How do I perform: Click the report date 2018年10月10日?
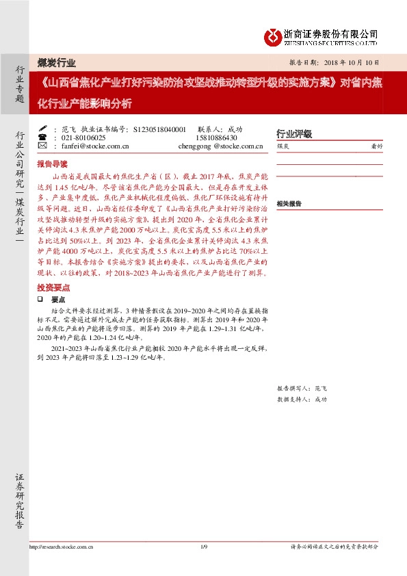coord(346,62)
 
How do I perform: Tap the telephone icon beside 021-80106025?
coord(42,137)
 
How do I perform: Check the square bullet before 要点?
coord(40,300)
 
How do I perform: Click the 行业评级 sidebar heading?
coord(293,134)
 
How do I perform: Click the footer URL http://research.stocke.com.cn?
coord(62,547)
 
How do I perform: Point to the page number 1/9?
coord(203,547)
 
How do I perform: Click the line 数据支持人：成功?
coord(302,399)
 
